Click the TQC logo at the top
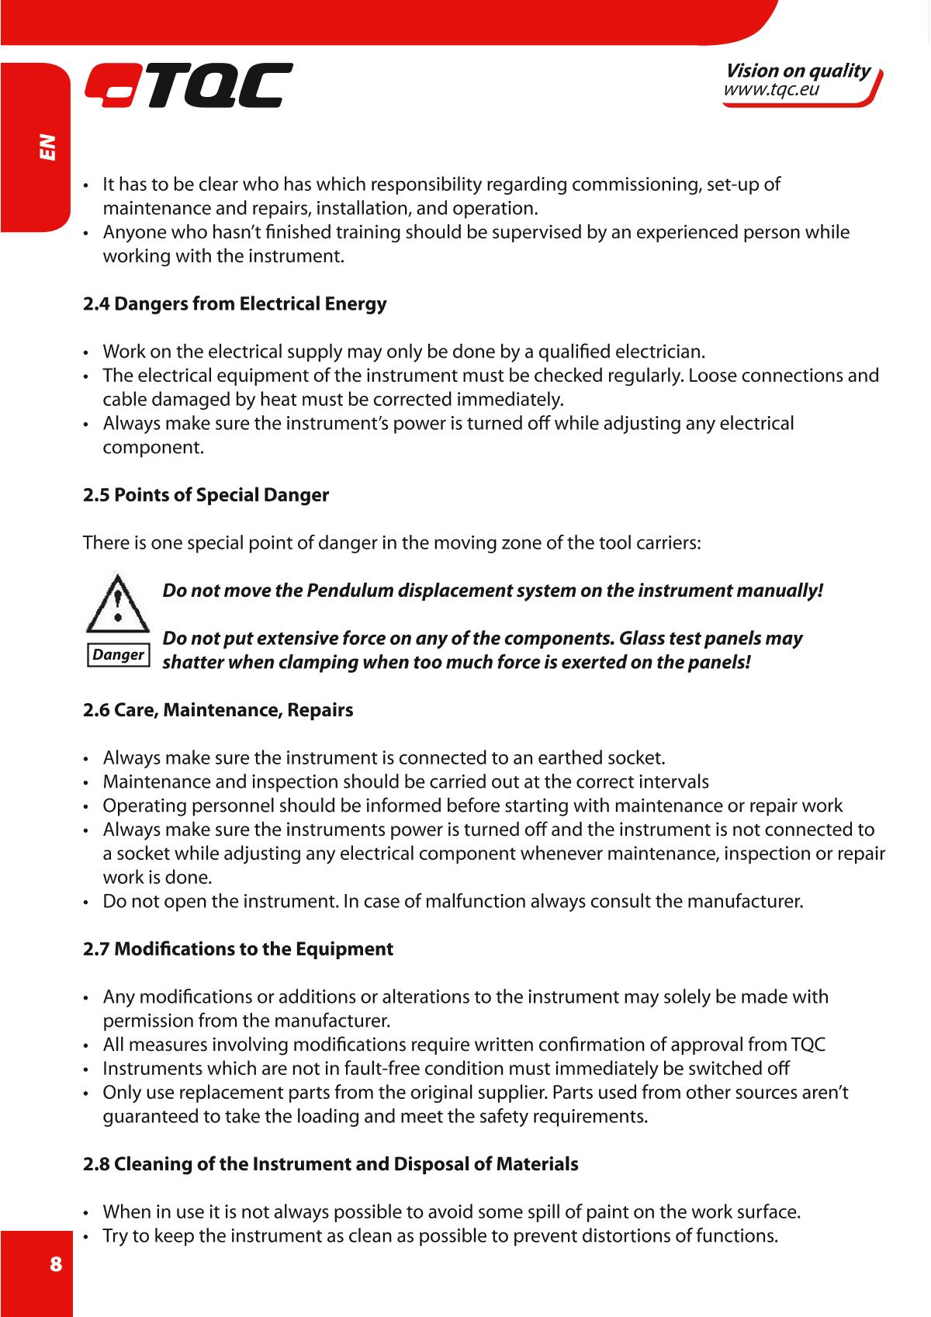[189, 85]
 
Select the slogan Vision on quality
[798, 71]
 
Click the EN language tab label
[48, 147]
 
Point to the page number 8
[55, 1263]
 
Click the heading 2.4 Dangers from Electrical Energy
[234, 303]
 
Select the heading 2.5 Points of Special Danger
[206, 495]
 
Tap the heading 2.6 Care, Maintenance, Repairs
[218, 710]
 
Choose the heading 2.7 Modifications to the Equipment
[238, 949]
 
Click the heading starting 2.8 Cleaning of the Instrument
[331, 1164]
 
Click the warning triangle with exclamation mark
[116, 603]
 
